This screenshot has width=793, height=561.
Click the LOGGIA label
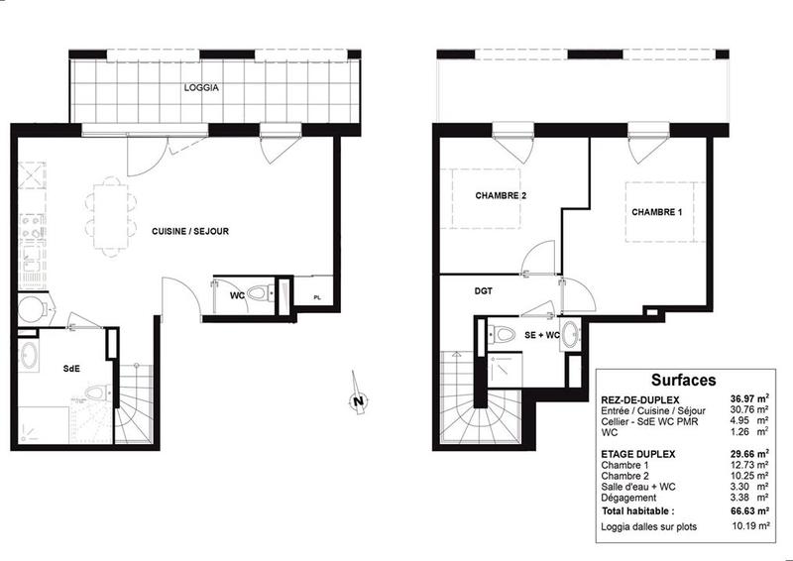coord(201,88)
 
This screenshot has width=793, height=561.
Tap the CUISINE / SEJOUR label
coord(190,231)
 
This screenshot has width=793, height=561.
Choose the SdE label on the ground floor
coord(71,368)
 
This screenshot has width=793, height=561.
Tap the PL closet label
coord(316,296)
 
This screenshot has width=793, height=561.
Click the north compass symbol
coord(356,398)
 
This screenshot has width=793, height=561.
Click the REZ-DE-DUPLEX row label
coord(639,397)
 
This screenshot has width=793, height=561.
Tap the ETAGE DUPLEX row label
coord(638,453)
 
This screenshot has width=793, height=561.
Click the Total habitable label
coord(645,509)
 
